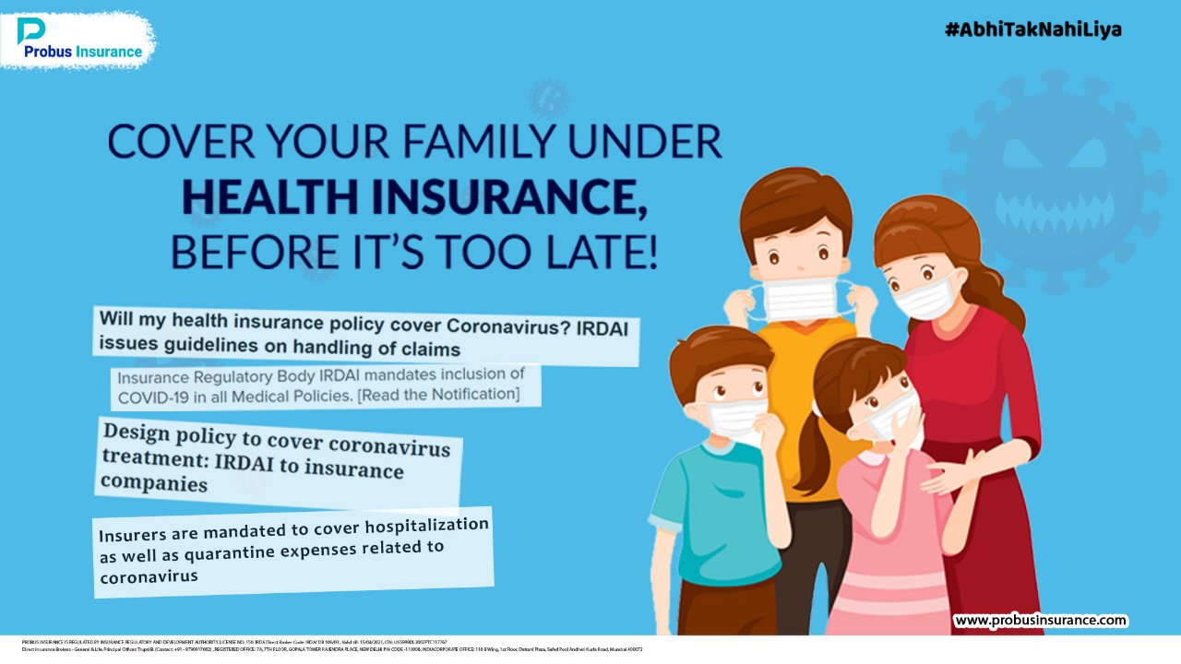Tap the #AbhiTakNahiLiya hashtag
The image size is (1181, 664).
pos(1032,30)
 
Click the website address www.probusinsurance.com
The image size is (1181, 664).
pos(1040,621)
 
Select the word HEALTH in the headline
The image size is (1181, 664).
pos(268,196)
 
